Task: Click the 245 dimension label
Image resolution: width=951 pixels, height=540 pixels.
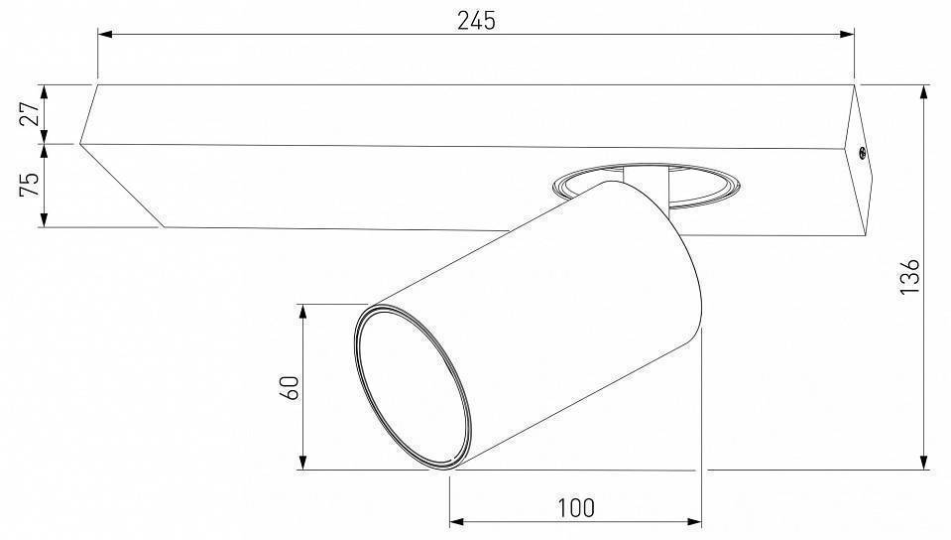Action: [x=476, y=21]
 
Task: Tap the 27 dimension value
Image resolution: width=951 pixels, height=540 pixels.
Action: [x=31, y=113]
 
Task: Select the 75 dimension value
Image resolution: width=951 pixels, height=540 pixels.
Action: [x=30, y=185]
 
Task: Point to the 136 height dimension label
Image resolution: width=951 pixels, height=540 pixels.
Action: [x=909, y=276]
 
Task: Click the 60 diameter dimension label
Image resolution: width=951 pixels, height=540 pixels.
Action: [x=290, y=387]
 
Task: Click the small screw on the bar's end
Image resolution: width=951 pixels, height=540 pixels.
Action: [x=862, y=154]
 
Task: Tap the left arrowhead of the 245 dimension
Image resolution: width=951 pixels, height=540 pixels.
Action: [x=105, y=35]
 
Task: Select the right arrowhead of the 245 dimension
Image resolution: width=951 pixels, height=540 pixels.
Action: [x=847, y=35]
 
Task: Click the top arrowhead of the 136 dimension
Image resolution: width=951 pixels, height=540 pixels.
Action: [x=923, y=92]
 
